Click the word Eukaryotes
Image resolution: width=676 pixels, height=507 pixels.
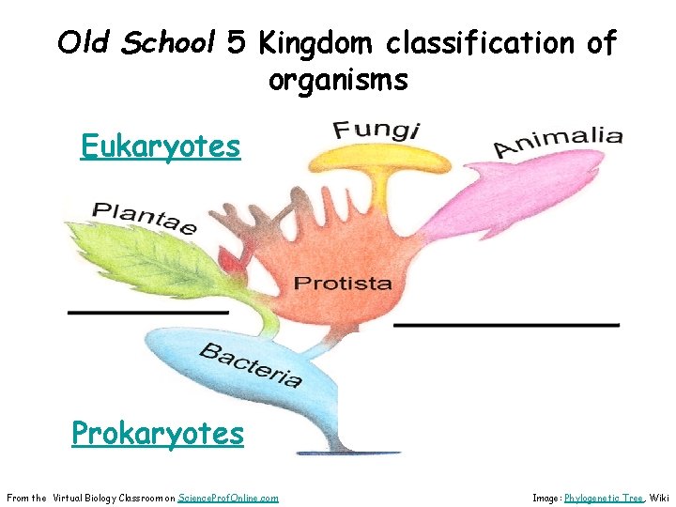160,147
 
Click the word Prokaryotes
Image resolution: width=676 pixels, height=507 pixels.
158,434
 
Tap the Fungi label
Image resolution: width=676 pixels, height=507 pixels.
376,130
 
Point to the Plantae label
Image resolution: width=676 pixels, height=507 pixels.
145,218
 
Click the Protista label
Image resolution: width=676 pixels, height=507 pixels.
343,283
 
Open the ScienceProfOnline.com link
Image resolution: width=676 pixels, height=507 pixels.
228,498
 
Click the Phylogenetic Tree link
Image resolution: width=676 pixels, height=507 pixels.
604,498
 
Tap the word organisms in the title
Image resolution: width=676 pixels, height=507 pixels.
338,80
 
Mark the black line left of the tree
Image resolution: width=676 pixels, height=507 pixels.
147,311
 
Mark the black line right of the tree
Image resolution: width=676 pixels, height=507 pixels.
506,325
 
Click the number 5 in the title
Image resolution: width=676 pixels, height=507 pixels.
238,42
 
